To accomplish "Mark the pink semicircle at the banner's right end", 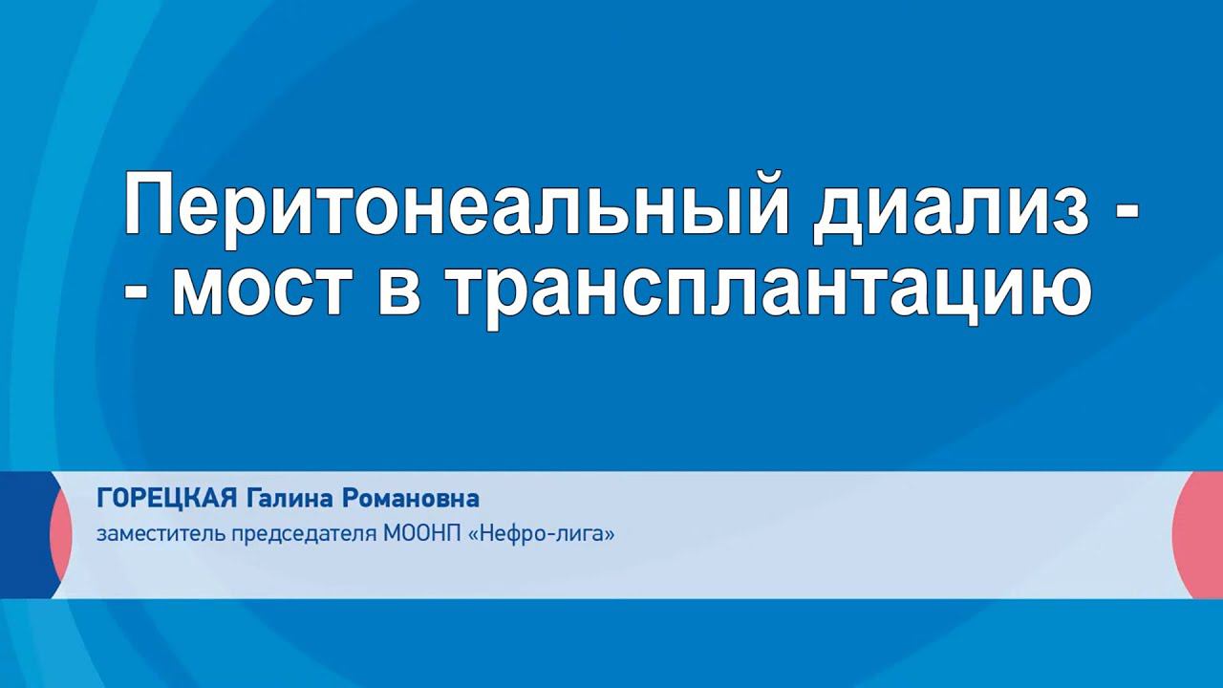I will (x=1199, y=535).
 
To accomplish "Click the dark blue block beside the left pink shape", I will (x=24, y=535).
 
